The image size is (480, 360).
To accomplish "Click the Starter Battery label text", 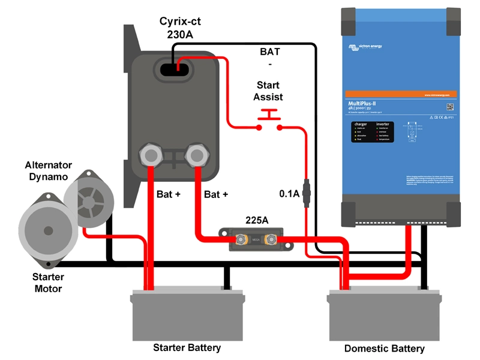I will pyautogui.click(x=187, y=347).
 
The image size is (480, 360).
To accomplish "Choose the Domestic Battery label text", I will pyautogui.click(x=384, y=349).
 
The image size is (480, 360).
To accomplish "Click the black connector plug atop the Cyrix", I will pyautogui.click(x=175, y=68).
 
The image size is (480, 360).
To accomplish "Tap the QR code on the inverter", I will pyautogui.click(x=449, y=106).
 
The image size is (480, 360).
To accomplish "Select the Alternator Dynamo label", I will pyautogui.click(x=48, y=170).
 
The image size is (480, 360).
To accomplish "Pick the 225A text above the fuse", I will pyautogui.click(x=256, y=220).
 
